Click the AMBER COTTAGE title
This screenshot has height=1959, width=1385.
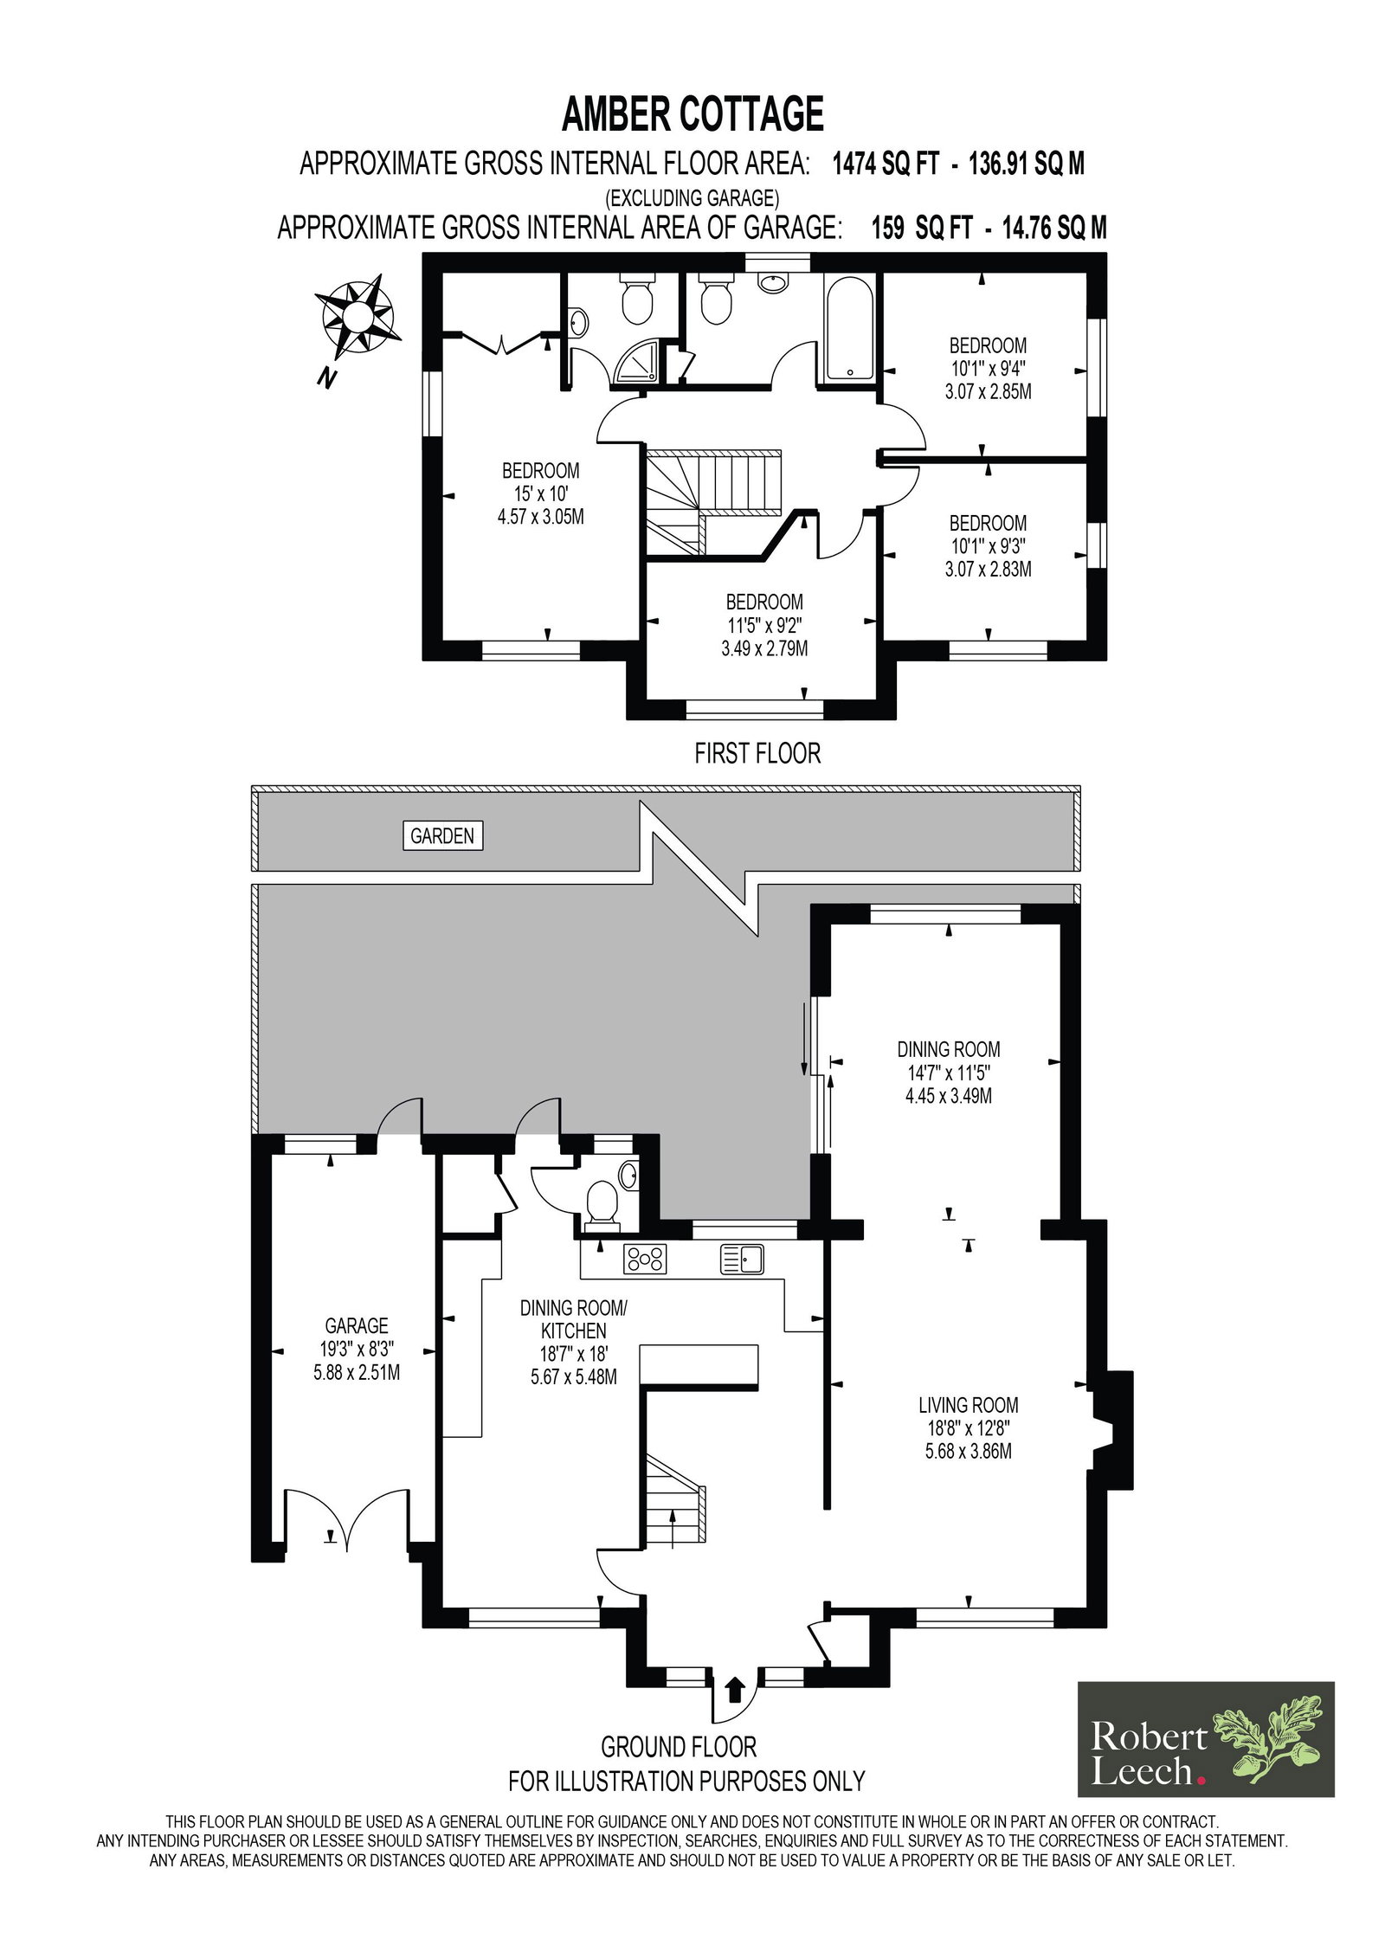click(x=692, y=114)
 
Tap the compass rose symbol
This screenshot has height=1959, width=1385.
click(x=356, y=317)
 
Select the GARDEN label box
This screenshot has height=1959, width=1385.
click(x=442, y=835)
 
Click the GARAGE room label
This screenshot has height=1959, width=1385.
click(x=357, y=1325)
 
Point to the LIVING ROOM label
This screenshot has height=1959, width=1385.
click(x=968, y=1404)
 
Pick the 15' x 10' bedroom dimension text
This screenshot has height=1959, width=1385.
click(x=541, y=493)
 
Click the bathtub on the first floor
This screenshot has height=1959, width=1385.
click(x=848, y=328)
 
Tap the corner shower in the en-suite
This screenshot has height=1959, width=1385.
click(x=637, y=360)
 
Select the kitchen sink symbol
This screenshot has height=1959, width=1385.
click(x=742, y=1259)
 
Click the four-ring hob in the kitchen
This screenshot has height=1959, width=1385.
click(x=645, y=1259)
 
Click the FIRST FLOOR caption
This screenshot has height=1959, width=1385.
click(x=757, y=753)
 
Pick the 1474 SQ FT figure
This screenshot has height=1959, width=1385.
click(x=885, y=164)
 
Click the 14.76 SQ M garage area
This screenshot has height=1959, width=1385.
click(x=1054, y=228)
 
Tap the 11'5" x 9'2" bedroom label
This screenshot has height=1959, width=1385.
click(x=764, y=625)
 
